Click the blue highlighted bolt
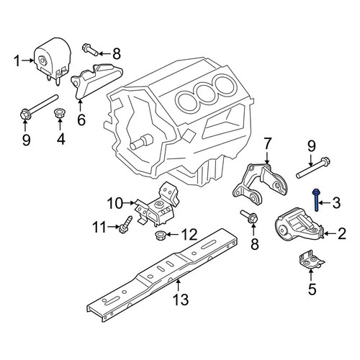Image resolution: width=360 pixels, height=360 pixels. (x=316, y=200)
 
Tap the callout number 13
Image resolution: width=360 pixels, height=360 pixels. (x=181, y=299)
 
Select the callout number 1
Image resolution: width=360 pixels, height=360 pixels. (x=17, y=60)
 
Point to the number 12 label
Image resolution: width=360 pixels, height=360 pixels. (x=189, y=234)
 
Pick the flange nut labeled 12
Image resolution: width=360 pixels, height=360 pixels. (x=160, y=235)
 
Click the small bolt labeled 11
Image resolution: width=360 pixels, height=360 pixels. (x=125, y=224)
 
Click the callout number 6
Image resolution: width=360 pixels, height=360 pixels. (x=81, y=120)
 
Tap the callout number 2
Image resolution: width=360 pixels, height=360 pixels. (x=341, y=233)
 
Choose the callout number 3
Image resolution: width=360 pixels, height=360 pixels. (x=336, y=202)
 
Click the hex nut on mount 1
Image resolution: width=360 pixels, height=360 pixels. (x=42, y=60)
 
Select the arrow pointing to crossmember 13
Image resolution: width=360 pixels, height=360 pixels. (x=178, y=285)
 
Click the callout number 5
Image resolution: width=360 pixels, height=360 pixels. (x=312, y=289)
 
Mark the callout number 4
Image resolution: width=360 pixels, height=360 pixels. (x=61, y=138)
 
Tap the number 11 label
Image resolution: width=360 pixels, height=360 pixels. (x=99, y=227)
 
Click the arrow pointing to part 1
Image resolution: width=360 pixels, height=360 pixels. (x=27, y=60)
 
